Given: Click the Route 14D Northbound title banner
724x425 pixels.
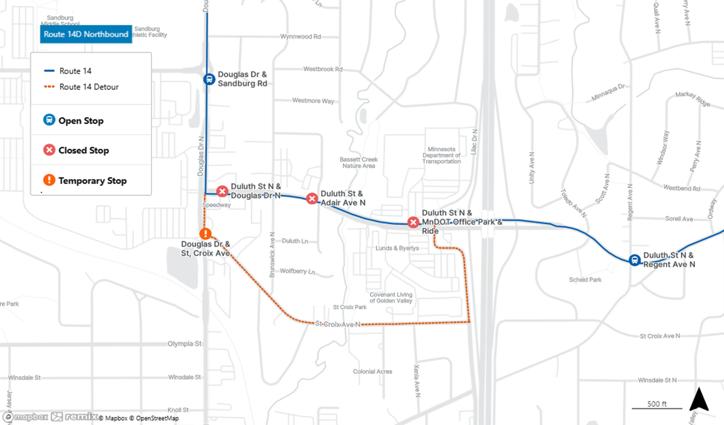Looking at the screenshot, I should click(x=86, y=34).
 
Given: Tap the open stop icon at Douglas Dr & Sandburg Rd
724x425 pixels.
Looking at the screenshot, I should click(x=208, y=78).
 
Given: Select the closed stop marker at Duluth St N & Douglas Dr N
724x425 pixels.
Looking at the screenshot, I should click(x=222, y=192).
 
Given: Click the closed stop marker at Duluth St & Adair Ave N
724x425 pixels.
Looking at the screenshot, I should click(x=312, y=198).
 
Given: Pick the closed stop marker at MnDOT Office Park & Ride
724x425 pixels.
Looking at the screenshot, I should click(x=413, y=222).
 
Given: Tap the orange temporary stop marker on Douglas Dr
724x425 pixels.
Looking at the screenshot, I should click(x=206, y=234).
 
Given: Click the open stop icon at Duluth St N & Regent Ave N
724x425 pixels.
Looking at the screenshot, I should click(x=635, y=260).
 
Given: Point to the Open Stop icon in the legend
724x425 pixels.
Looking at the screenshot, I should click(x=49, y=120).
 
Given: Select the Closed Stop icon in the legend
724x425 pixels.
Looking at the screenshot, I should click(x=49, y=150).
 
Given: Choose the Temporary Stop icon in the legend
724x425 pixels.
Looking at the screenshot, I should click(x=49, y=180).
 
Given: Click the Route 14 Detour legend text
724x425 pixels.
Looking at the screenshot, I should click(x=89, y=87).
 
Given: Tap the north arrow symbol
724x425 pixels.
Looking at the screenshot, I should click(x=698, y=400).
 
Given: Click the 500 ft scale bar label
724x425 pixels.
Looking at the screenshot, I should click(x=649, y=404).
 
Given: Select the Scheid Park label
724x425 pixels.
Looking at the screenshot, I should click(x=586, y=280).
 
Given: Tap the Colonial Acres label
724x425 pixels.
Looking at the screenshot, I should click(x=372, y=372).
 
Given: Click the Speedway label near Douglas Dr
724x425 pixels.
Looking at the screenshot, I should click(x=217, y=205).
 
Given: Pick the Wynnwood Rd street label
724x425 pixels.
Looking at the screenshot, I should click(x=300, y=37).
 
